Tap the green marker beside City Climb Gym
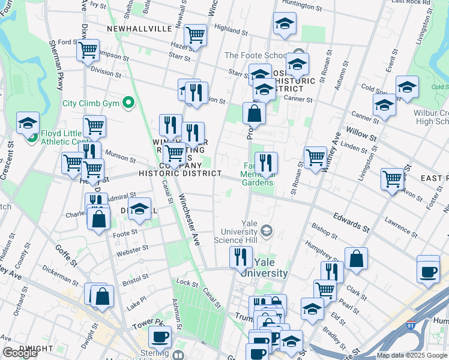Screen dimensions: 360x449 pos(128,103)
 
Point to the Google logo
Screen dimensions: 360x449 pos(20,353)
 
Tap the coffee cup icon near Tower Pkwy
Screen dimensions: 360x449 pos(160,337)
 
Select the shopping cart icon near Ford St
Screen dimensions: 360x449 pos(88,50)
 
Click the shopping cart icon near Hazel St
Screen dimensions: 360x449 pos(196,35)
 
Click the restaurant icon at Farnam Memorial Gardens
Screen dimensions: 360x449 pos(266,163)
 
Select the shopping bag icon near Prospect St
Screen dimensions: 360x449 pos(254,113)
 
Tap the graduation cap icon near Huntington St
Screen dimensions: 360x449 pos(285,23)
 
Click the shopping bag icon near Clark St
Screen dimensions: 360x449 pos(356,259)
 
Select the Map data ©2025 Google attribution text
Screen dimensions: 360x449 pos(411,355)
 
